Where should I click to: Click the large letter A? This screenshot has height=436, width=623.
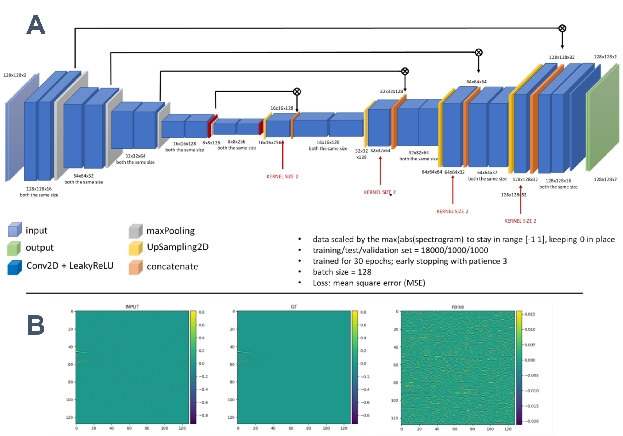point(36,25)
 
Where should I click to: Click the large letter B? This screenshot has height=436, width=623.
point(36,325)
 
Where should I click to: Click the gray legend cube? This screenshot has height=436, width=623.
point(136,231)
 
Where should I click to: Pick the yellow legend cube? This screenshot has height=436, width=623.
point(136,249)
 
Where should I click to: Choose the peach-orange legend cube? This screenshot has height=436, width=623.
point(136,267)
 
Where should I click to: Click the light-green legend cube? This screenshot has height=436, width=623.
point(14,249)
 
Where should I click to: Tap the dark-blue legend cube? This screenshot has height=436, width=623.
point(14,268)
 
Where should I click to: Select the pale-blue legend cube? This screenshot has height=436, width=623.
point(15,230)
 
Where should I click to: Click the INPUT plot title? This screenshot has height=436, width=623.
point(132,307)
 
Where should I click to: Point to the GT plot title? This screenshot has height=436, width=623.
point(294,307)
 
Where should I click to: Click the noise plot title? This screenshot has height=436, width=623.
point(458,307)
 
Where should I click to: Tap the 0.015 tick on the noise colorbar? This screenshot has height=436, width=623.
point(530,314)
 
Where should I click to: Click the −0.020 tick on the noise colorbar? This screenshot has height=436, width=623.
point(531,421)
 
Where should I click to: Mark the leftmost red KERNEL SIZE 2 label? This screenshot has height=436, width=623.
point(282,177)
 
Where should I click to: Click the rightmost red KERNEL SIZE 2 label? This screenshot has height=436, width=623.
point(520,221)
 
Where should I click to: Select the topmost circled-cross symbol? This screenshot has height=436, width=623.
point(562,28)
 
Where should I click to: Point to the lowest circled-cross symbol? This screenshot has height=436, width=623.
point(297,92)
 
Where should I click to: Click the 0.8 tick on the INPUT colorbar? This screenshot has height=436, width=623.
point(202,312)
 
